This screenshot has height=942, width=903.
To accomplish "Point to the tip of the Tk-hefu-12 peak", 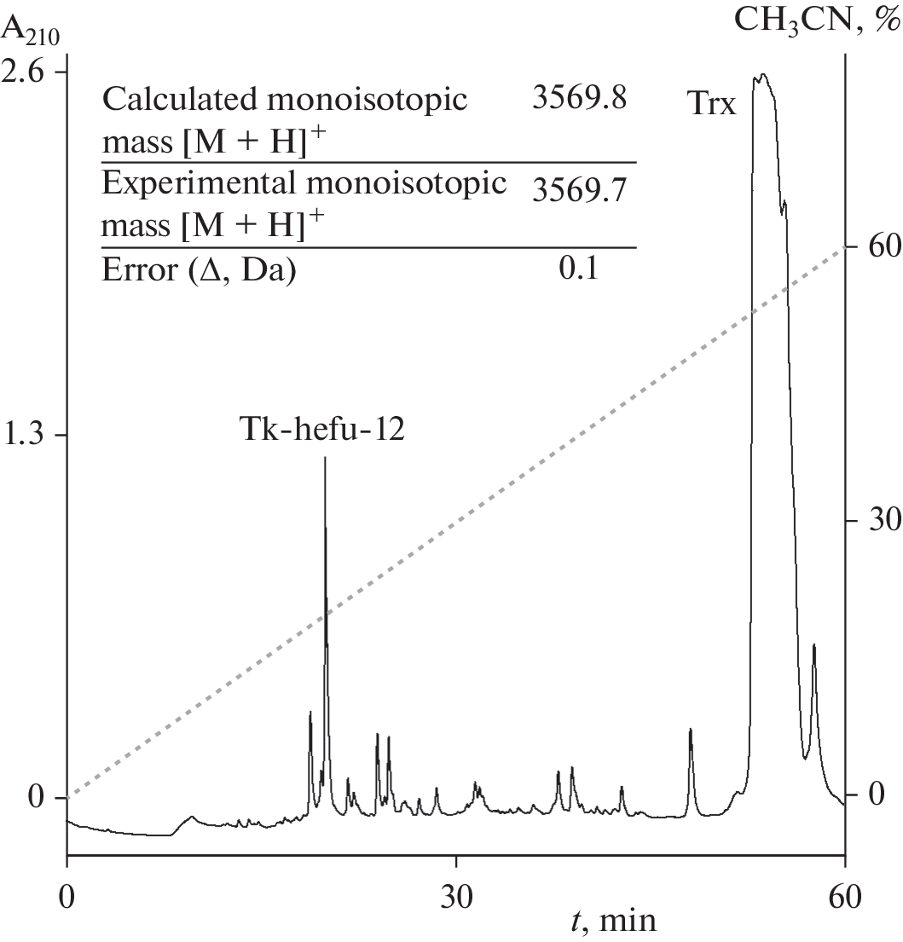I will point(325,459).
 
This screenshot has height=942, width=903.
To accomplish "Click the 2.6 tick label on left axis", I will point(28,72).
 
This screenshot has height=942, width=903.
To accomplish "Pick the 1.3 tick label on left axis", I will point(28,436).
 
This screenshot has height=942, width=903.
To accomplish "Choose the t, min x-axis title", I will point(613,921).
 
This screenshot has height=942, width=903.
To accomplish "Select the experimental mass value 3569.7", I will point(579,191).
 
